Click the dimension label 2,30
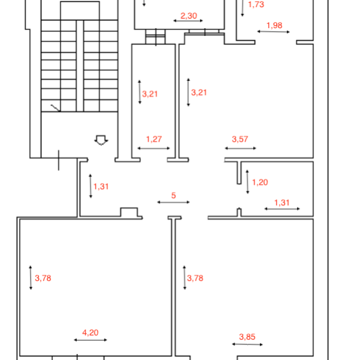point(189,16)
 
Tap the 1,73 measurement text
point(256,4)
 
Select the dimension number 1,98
point(274,25)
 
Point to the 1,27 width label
point(154,139)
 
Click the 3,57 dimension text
point(240,139)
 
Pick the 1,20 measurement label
point(260,182)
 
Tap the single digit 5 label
point(173,196)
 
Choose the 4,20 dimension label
point(91,332)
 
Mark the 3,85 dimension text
point(247,337)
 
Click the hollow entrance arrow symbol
point(101,140)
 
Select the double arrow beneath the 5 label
point(173,202)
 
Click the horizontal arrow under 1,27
point(154,148)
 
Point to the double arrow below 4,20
point(91,340)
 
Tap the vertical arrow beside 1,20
point(247,182)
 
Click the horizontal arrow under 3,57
point(241,148)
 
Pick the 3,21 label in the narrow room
point(150,94)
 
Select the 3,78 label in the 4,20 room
point(43,278)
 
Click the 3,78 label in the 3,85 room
point(195,278)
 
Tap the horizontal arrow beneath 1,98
point(274,32)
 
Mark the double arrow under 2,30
point(188,20)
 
